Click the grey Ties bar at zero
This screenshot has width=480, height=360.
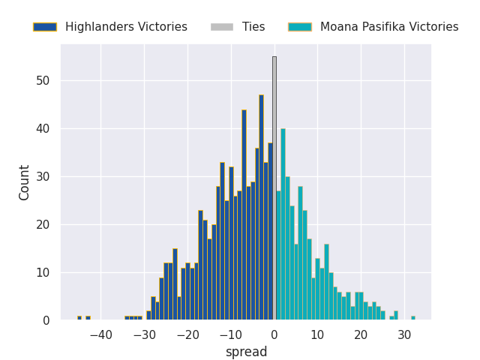coord(274,187)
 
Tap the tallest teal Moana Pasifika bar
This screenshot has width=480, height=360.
coord(283,224)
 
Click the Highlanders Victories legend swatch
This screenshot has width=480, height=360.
coord(45,27)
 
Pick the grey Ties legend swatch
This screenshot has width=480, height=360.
coord(222,27)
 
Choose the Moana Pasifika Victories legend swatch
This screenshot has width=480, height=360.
coord(300,27)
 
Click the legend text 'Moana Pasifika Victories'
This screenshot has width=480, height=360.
coord(389,27)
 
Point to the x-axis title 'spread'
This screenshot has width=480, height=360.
coord(246,352)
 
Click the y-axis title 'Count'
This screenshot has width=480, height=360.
coord(25,182)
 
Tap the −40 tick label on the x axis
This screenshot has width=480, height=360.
coord(100,335)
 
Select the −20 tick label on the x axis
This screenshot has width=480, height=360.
coord(187,335)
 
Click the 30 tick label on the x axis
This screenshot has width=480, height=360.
coord(404,335)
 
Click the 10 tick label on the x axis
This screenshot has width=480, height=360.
coord(317,335)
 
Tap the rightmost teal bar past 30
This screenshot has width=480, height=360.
coord(412,318)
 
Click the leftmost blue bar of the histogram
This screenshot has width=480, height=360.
coord(79,318)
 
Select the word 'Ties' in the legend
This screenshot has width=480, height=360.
coord(253,27)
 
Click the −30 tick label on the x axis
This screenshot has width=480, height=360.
coord(144,335)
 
